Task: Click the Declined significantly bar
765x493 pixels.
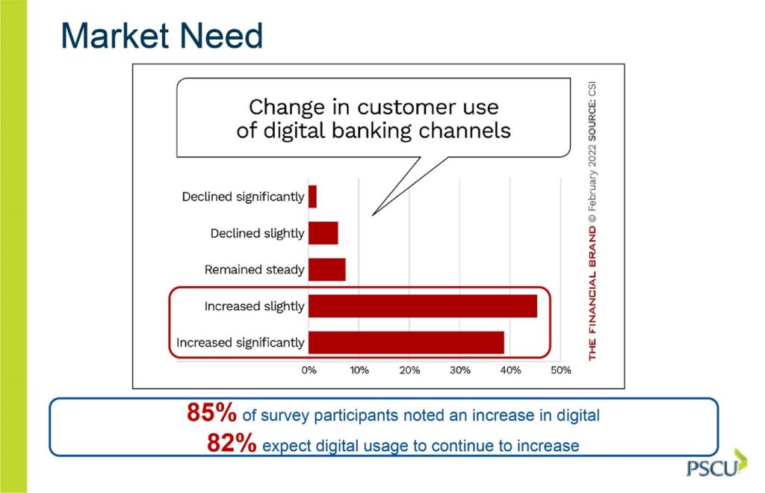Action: pyautogui.click(x=312, y=196)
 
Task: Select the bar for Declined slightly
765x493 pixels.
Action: pyautogui.click(x=323, y=233)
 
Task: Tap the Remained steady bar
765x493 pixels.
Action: pyautogui.click(x=327, y=270)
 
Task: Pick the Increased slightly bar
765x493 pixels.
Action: pyautogui.click(x=423, y=306)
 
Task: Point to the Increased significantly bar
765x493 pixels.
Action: pyautogui.click(x=406, y=342)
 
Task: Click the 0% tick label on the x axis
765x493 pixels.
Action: pyautogui.click(x=309, y=370)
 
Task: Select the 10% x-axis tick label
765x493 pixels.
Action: pyautogui.click(x=359, y=370)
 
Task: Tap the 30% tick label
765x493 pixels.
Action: pyautogui.click(x=460, y=370)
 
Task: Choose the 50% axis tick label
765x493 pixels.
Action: pyautogui.click(x=560, y=370)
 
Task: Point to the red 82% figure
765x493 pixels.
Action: pyautogui.click(x=232, y=443)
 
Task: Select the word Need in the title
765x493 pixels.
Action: pyautogui.click(x=221, y=36)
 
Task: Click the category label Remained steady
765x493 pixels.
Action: pyautogui.click(x=254, y=270)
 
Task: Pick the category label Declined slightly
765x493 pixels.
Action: pyautogui.click(x=257, y=234)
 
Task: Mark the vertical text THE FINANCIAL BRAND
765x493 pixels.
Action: pyautogui.click(x=592, y=294)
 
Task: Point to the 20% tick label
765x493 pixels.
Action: pyautogui.click(x=410, y=370)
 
